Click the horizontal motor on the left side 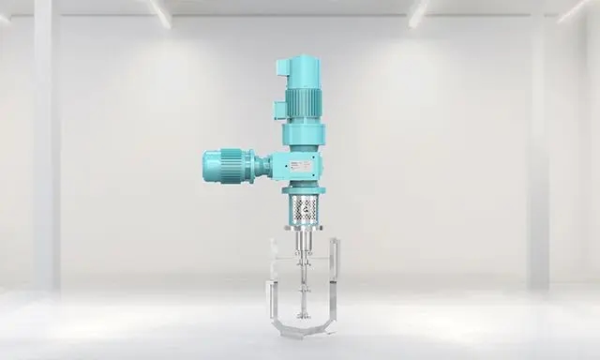pyautogui.click(x=225, y=167)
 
